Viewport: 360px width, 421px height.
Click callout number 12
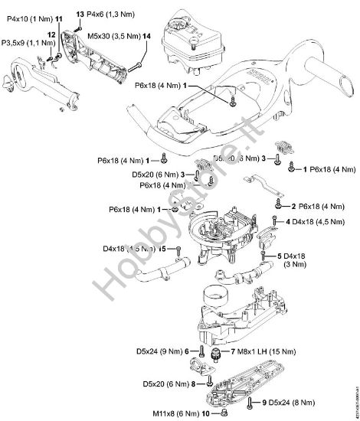[51, 35]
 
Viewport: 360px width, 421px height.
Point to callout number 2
[293, 206]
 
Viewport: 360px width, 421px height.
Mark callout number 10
[205, 414]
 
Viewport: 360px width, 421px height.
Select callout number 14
[146, 36]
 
